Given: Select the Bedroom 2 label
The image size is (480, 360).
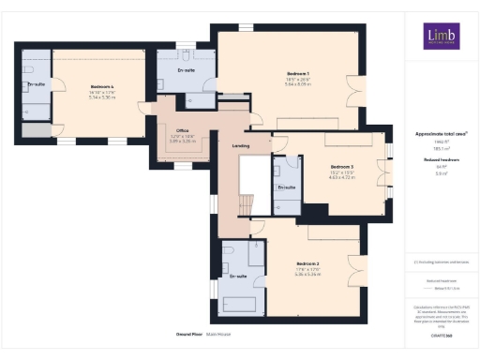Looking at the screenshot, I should click(x=308, y=263).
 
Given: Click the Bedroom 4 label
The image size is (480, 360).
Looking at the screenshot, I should click(x=101, y=85).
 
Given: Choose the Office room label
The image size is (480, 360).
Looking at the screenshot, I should click(x=182, y=132).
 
